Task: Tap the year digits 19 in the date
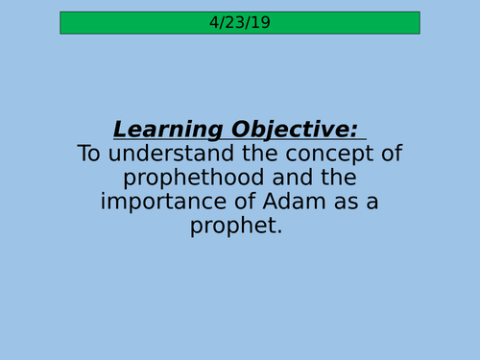[261, 22]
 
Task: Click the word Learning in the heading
[162, 130]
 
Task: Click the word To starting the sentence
[88, 154]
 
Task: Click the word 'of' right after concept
[391, 154]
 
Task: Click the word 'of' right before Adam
[239, 202]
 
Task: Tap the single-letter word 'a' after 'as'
[374, 202]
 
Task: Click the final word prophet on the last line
[235, 227]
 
